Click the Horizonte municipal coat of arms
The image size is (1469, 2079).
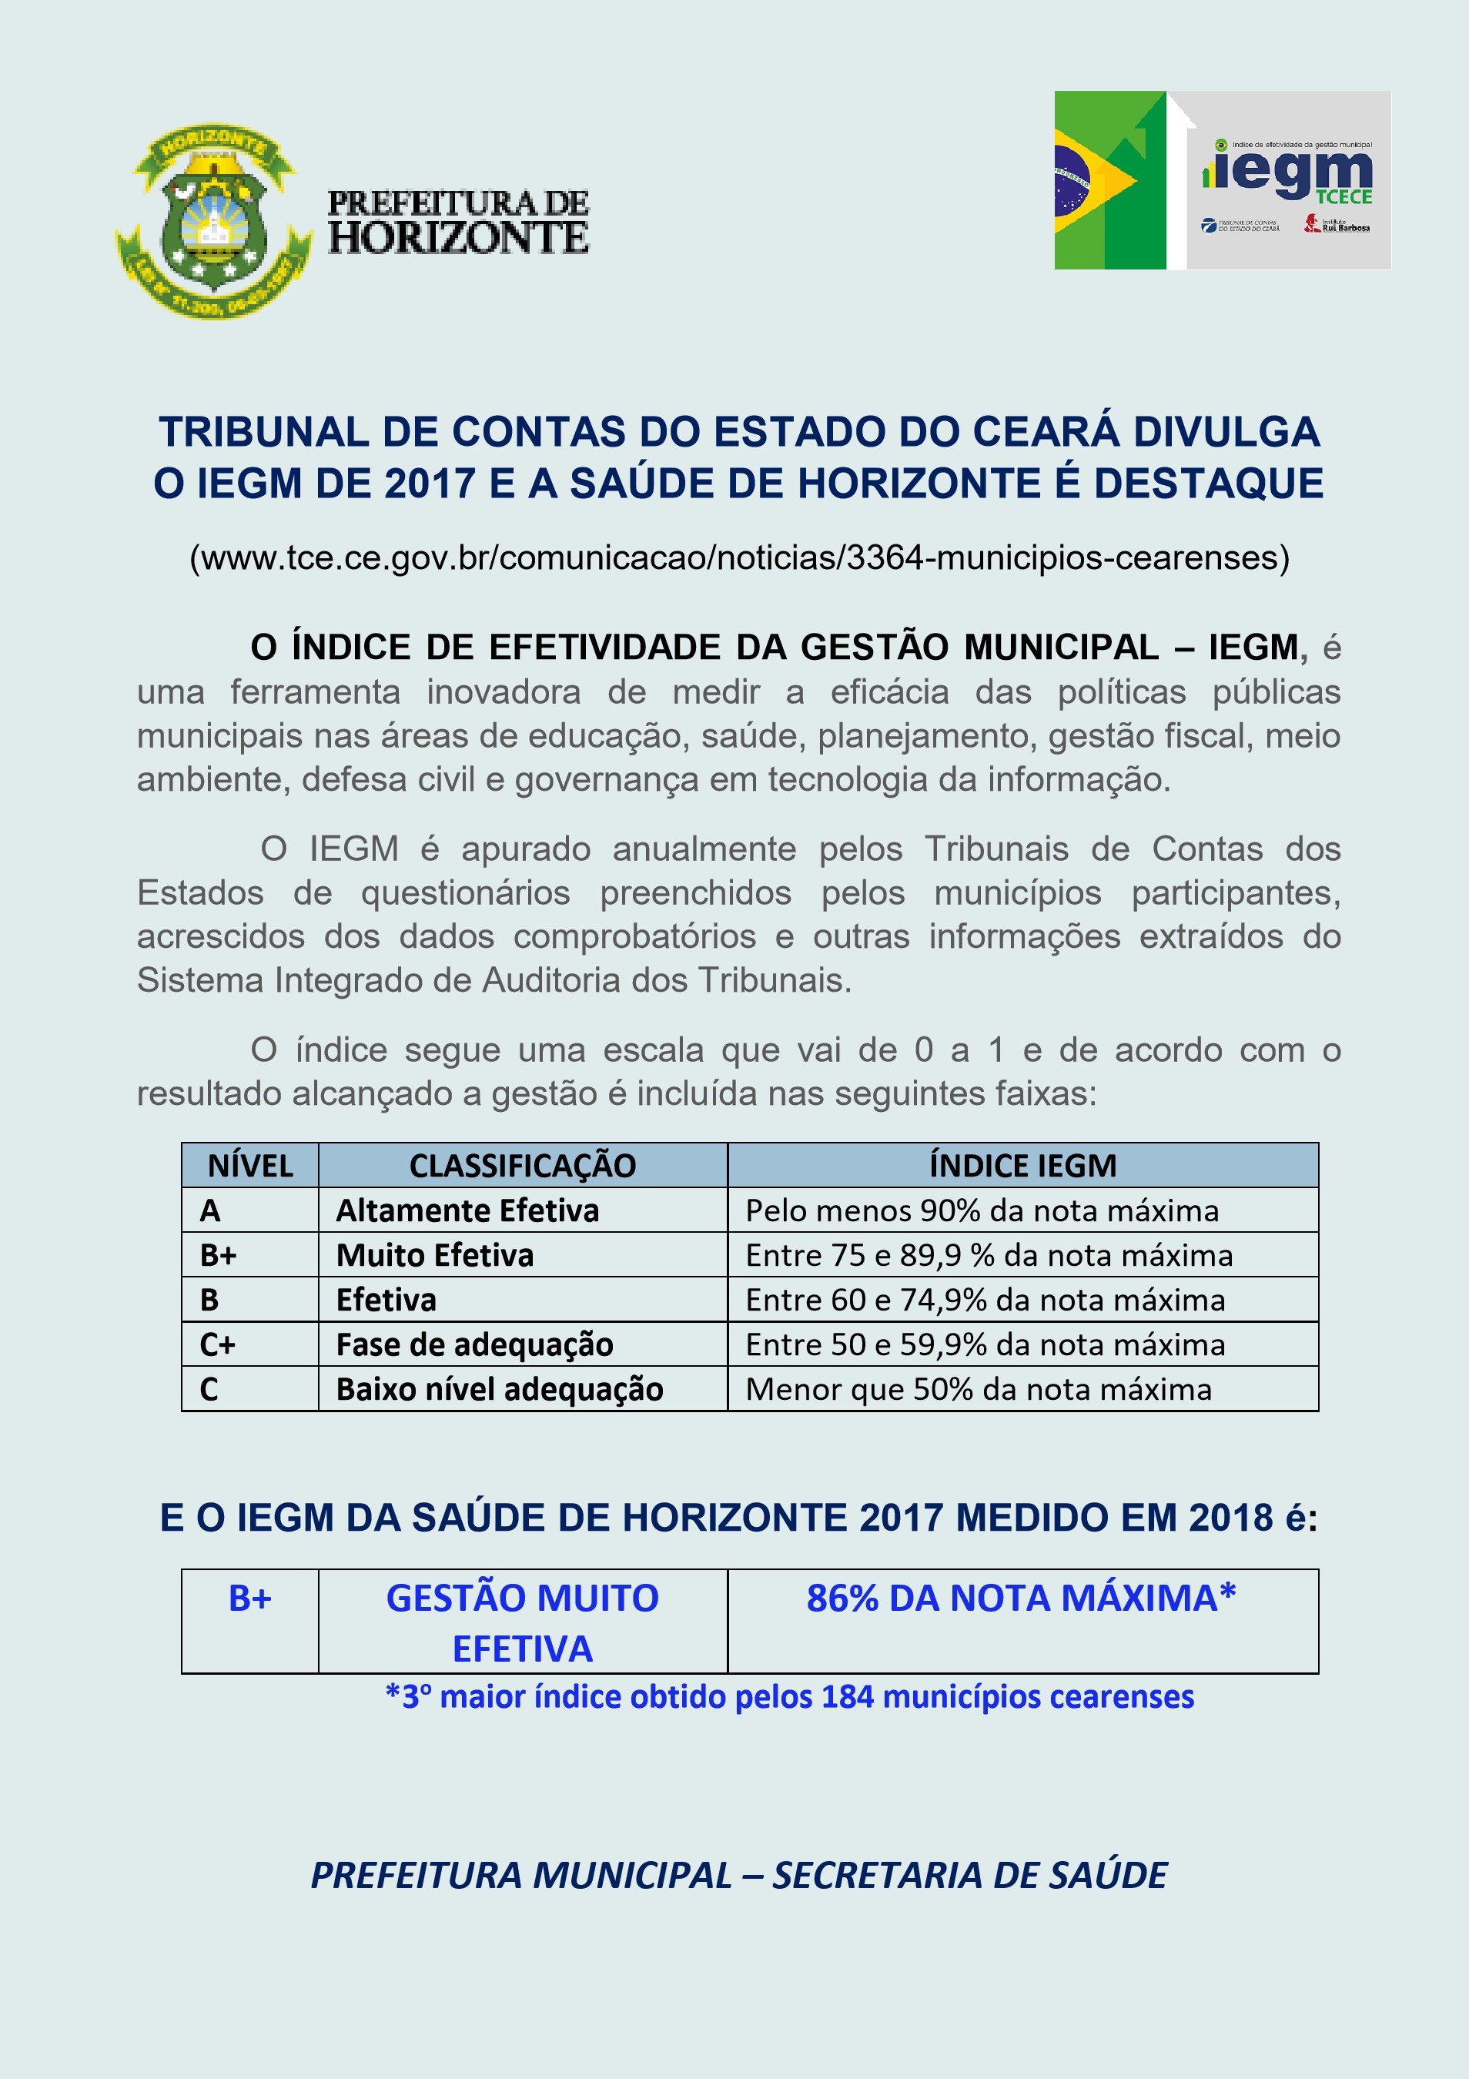click(x=213, y=221)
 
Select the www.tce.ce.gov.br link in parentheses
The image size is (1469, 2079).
click(x=738, y=557)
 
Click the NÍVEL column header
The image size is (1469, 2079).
click(x=251, y=1165)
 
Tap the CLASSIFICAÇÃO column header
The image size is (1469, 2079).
click(x=522, y=1165)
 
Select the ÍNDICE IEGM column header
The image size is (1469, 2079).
click(x=1022, y=1165)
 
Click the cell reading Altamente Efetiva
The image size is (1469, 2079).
click(x=467, y=1210)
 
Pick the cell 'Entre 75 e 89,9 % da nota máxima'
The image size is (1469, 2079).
click(x=989, y=1255)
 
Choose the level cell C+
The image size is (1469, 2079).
click(x=217, y=1344)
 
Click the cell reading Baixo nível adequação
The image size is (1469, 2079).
click(x=500, y=1389)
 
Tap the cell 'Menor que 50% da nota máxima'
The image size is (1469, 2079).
click(x=978, y=1389)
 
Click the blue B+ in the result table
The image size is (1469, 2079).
click(x=249, y=1599)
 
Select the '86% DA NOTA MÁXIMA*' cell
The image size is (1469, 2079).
click(x=1021, y=1599)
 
